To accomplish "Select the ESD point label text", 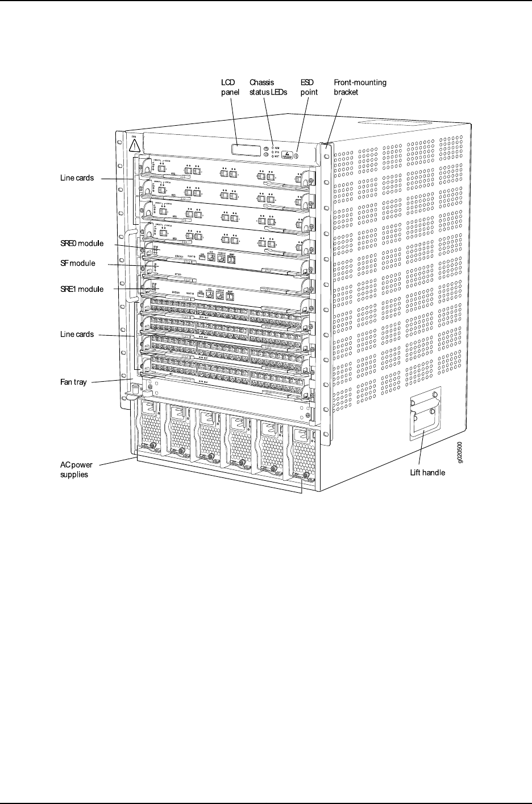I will [x=309, y=87].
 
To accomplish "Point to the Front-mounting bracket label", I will [x=360, y=87].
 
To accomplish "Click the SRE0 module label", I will [x=82, y=244].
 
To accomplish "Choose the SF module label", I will [x=77, y=263].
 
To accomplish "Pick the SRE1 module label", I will [x=82, y=289].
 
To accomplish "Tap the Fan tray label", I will [x=73, y=382].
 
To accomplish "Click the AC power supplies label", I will [x=76, y=469].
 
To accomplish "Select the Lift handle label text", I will [x=427, y=472].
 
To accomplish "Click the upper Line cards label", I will [x=77, y=178].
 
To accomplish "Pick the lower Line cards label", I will [x=77, y=335].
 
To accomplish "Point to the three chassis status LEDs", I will [x=273, y=152].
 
